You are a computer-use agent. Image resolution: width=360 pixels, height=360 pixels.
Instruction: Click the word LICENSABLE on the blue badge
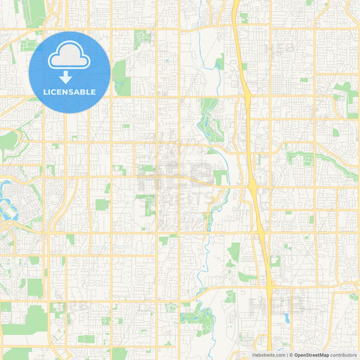[70, 91]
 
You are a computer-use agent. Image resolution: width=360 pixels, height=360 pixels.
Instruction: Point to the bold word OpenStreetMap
[311, 355]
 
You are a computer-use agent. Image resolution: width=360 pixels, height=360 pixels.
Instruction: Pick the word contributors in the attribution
[344, 355]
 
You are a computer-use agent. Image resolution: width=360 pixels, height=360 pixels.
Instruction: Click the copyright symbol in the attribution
[291, 355]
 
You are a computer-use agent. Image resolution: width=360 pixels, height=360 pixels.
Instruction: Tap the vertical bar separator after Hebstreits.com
[286, 355]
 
